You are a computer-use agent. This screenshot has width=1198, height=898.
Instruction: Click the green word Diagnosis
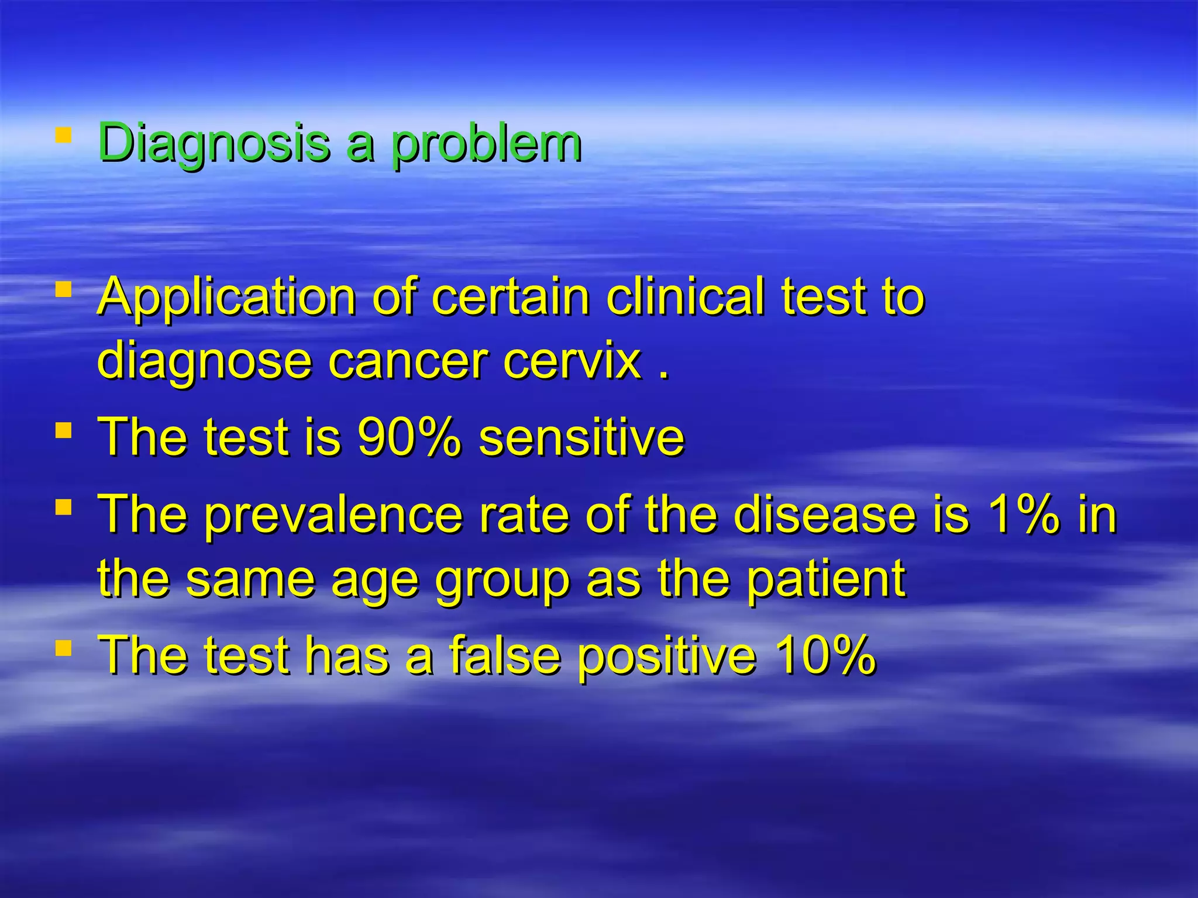pyautogui.click(x=214, y=143)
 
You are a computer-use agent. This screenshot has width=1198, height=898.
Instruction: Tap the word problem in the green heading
pyautogui.click(x=486, y=144)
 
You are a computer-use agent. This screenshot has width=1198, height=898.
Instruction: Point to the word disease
pyautogui.click(x=824, y=514)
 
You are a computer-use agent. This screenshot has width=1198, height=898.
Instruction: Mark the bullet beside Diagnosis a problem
pyautogui.click(x=63, y=136)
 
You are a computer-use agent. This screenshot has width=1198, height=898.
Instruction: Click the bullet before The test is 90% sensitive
pyautogui.click(x=63, y=431)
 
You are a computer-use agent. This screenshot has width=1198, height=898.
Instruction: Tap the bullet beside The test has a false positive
pyautogui.click(x=63, y=648)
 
